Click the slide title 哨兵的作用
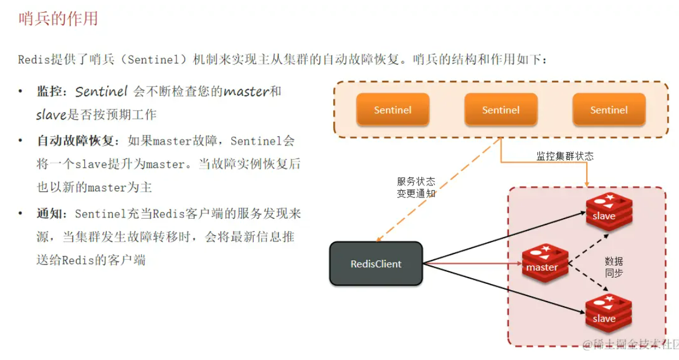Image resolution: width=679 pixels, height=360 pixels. click(x=58, y=19)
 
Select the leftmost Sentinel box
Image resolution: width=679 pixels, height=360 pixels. click(x=392, y=110)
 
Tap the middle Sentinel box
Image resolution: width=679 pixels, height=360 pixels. click(x=500, y=110)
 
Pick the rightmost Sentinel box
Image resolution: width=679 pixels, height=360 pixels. click(x=609, y=110)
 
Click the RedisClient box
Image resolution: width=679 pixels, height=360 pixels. click(x=376, y=264)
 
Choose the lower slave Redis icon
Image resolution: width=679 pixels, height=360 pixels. click(x=608, y=313)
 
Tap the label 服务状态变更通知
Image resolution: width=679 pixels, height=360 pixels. click(x=416, y=187)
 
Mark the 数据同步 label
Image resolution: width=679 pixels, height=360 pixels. click(x=614, y=267)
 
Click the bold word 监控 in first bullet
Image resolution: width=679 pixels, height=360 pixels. click(x=48, y=92)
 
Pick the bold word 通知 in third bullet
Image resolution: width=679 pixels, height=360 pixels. click(x=48, y=214)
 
